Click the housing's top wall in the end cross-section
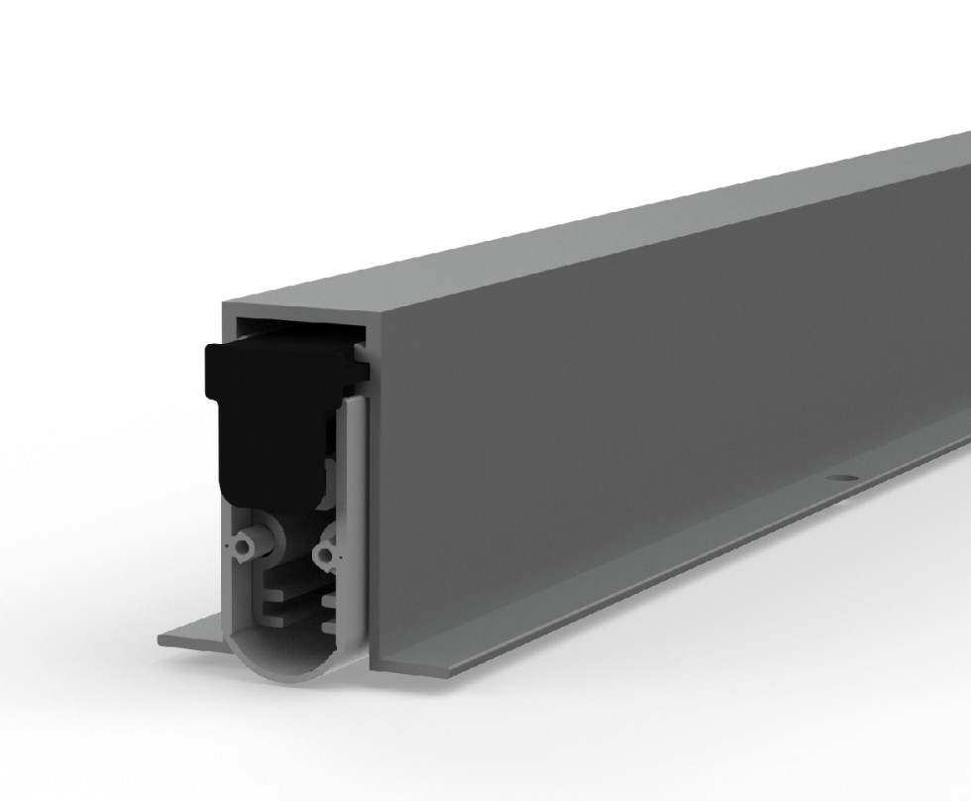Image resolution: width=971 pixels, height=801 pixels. [297, 308]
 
